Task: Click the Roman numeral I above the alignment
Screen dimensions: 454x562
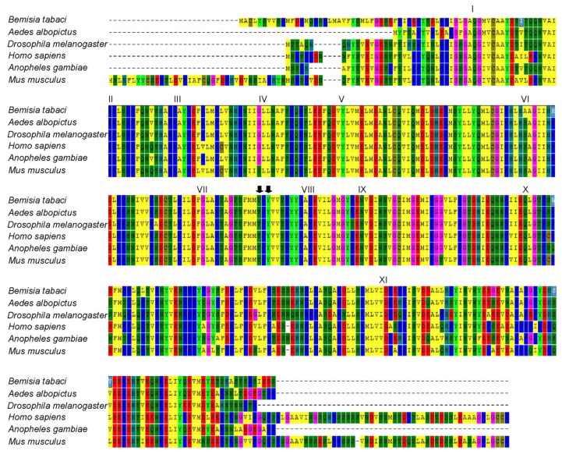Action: tap(473, 9)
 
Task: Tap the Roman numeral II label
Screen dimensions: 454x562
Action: tap(111, 98)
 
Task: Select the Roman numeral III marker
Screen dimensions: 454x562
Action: tap(178, 98)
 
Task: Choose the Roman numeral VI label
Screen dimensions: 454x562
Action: tap(525, 98)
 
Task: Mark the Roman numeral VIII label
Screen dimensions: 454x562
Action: tap(308, 190)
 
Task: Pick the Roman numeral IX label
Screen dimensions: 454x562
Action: tap(362, 190)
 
